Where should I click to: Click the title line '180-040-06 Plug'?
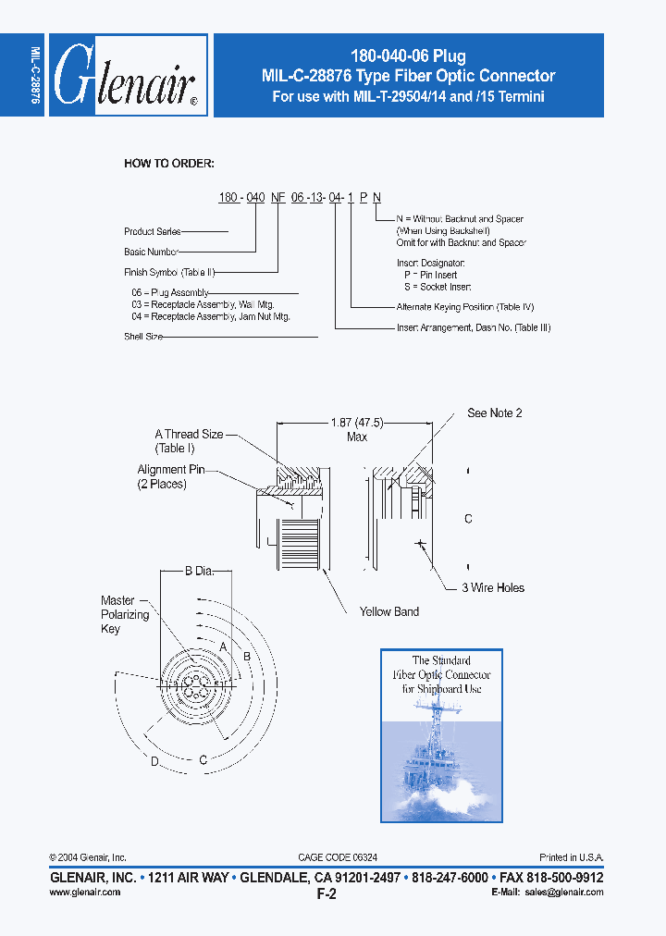click(x=408, y=56)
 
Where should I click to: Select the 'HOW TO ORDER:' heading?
click(x=169, y=164)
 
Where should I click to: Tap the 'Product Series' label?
click(x=153, y=231)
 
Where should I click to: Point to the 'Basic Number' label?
click(x=151, y=252)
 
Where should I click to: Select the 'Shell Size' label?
click(x=143, y=337)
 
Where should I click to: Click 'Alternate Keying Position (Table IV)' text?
click(x=464, y=306)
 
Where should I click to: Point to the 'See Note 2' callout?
click(x=494, y=413)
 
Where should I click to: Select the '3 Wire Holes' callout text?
click(x=493, y=587)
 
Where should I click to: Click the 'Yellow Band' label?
click(x=388, y=611)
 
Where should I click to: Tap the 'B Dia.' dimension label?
click(x=199, y=572)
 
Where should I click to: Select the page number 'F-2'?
click(x=326, y=894)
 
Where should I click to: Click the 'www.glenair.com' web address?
click(x=84, y=892)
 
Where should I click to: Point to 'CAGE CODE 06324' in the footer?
click(x=337, y=857)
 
